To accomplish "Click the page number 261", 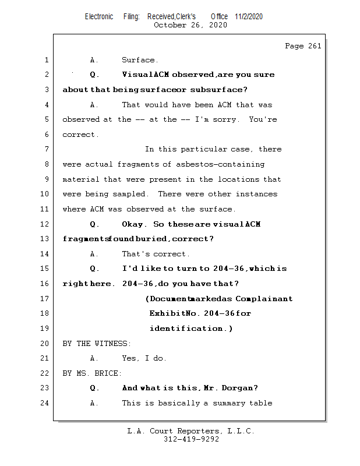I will point(315,46).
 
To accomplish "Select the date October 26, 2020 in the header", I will point(190,25).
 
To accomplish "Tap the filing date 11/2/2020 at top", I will point(249,16).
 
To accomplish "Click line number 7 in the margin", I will point(47,150).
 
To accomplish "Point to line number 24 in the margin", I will point(45,403).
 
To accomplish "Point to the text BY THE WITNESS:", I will point(97,344).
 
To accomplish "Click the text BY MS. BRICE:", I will point(92,373).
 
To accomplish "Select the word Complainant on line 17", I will point(264,299).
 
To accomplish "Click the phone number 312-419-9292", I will point(191,440).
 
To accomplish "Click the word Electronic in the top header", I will point(99,16).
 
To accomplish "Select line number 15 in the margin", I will point(45,269).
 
